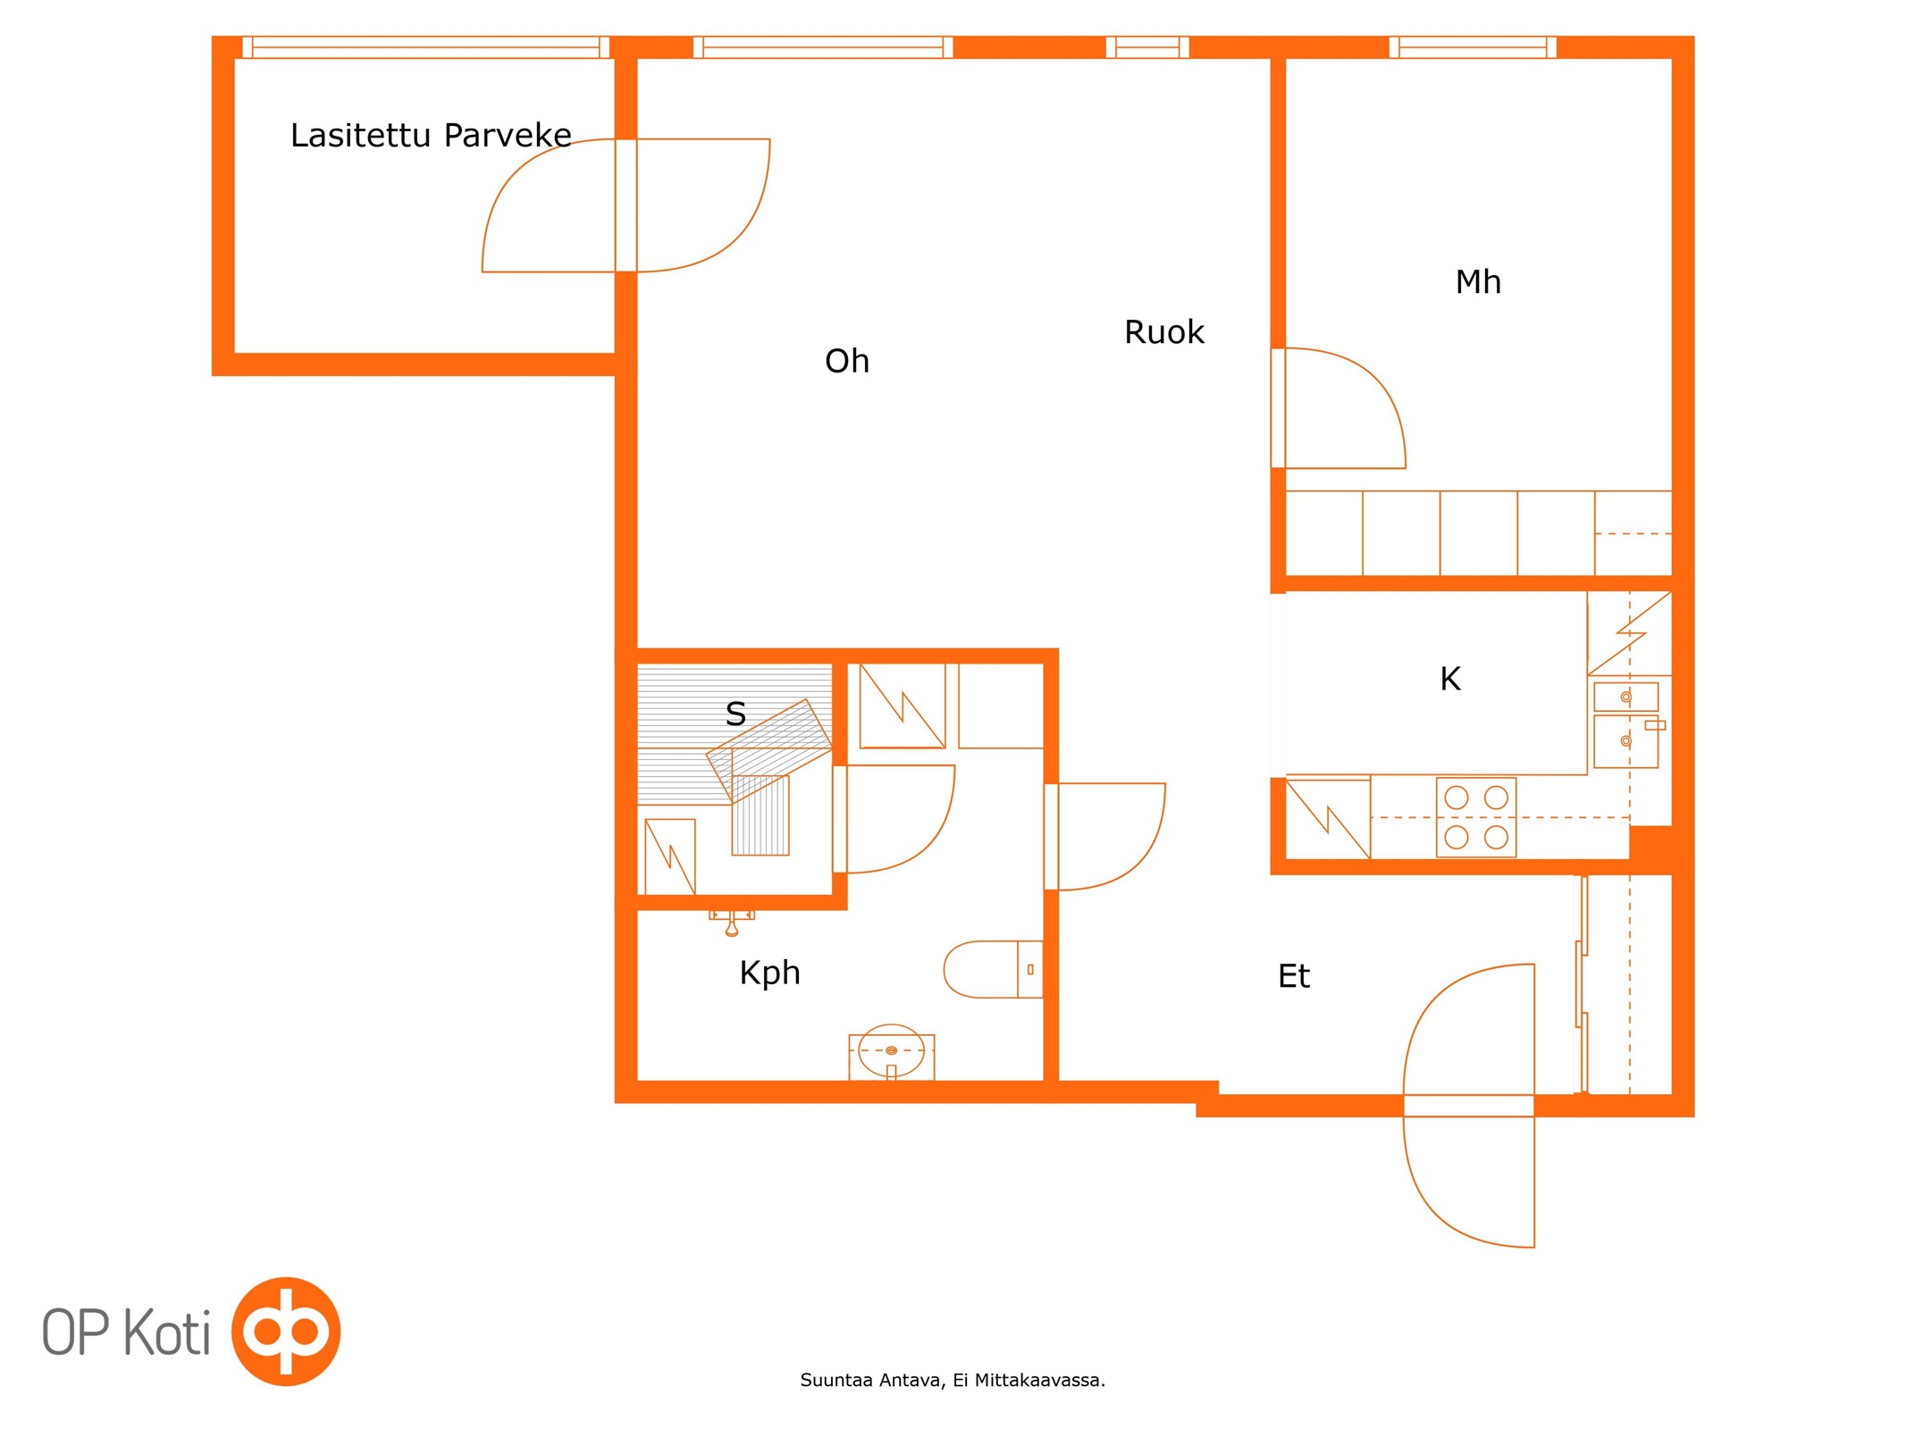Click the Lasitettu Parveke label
click(431, 135)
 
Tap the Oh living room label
click(846, 361)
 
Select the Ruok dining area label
click(1163, 332)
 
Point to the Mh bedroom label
click(1477, 282)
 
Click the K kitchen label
click(1449, 679)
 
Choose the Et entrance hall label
click(1293, 976)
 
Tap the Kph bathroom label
click(769, 974)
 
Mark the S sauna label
click(735, 714)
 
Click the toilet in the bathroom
click(993, 969)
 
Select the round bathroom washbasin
click(891, 1051)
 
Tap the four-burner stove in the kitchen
click(1475, 817)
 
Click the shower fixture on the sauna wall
click(732, 923)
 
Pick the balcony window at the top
click(425, 47)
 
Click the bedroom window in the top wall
click(1473, 47)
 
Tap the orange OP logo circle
click(286, 1331)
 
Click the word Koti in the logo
click(166, 1331)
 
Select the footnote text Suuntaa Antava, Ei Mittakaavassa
click(953, 1380)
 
